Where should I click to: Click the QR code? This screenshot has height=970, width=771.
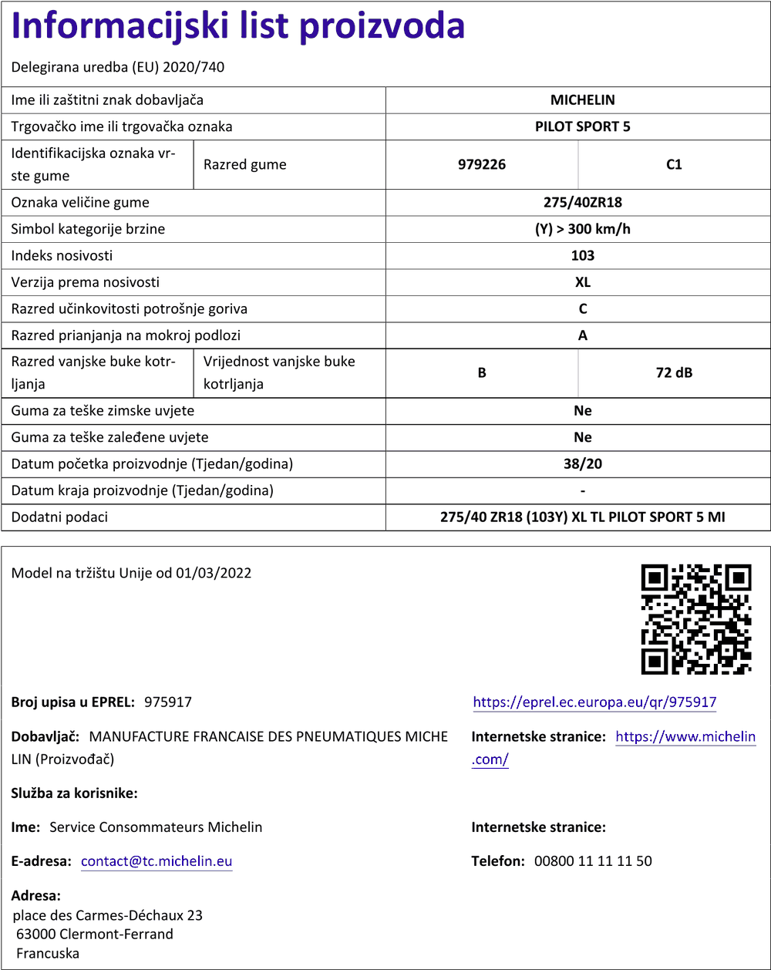click(696, 619)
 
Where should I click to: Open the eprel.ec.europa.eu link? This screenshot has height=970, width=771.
click(594, 702)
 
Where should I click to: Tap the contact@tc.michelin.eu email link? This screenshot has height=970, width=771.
click(157, 861)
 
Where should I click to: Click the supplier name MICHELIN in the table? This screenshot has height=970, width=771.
click(582, 100)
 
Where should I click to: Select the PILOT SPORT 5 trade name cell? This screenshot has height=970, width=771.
click(582, 126)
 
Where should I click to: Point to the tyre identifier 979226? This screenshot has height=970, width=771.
click(482, 164)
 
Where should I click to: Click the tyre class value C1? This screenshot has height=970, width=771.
click(674, 164)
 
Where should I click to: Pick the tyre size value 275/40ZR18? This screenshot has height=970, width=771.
click(582, 203)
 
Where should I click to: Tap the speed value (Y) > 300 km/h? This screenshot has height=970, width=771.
click(582, 229)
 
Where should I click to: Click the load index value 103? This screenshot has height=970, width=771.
click(582, 256)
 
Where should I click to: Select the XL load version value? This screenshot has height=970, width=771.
click(582, 282)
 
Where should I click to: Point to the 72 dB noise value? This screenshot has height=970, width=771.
click(674, 373)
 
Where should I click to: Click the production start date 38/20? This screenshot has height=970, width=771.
click(582, 464)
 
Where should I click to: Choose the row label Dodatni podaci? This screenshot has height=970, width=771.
click(59, 517)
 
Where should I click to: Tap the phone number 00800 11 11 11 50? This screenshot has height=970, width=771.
click(593, 861)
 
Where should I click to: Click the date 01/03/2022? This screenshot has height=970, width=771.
click(213, 573)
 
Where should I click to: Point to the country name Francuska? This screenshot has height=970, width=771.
click(48, 953)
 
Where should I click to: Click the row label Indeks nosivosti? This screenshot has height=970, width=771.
click(62, 256)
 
